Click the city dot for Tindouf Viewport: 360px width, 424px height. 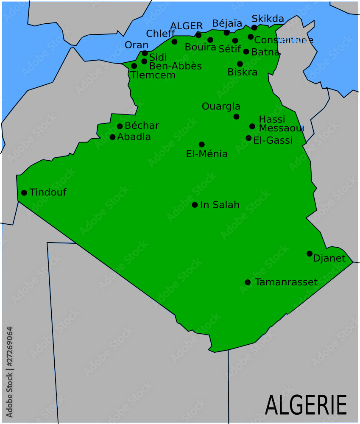[24, 193]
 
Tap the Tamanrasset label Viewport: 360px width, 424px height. [286, 282]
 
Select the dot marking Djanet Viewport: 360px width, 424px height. [310, 254]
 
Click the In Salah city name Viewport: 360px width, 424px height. [220, 205]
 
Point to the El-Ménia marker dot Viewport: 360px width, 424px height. [201, 145]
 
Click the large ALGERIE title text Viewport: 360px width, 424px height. [306, 404]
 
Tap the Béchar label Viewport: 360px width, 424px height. [142, 126]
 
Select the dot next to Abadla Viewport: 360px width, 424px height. [112, 137]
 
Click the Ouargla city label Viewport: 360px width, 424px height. [221, 106]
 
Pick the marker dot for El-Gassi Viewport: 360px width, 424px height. [248, 138]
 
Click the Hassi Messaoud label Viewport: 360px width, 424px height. [280, 124]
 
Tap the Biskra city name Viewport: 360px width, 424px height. [242, 72]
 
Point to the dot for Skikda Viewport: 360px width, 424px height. [254, 28]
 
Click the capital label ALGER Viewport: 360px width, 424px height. [187, 26]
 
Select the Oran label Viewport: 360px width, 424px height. [137, 45]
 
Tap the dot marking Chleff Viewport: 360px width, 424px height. [174, 42]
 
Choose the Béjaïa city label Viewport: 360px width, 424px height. [227, 23]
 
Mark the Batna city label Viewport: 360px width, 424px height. [265, 52]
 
